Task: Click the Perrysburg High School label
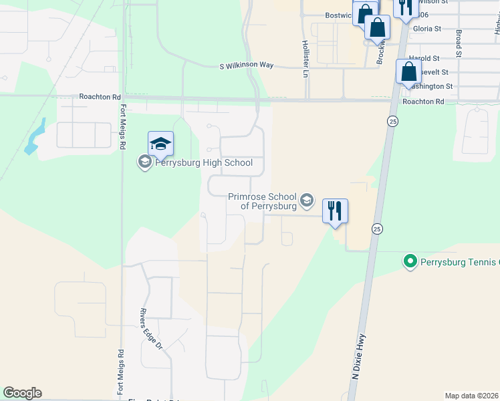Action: [204, 162]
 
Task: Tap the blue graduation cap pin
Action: [160, 144]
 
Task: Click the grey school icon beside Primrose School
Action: [307, 200]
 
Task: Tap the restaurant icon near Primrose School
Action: [335, 211]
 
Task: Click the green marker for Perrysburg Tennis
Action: [410, 261]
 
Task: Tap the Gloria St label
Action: [428, 29]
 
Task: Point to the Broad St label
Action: [459, 41]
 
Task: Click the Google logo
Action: [22, 393]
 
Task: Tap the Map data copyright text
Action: [472, 396]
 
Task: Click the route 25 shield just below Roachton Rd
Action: [391, 120]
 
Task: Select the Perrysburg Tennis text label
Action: [460, 261]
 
